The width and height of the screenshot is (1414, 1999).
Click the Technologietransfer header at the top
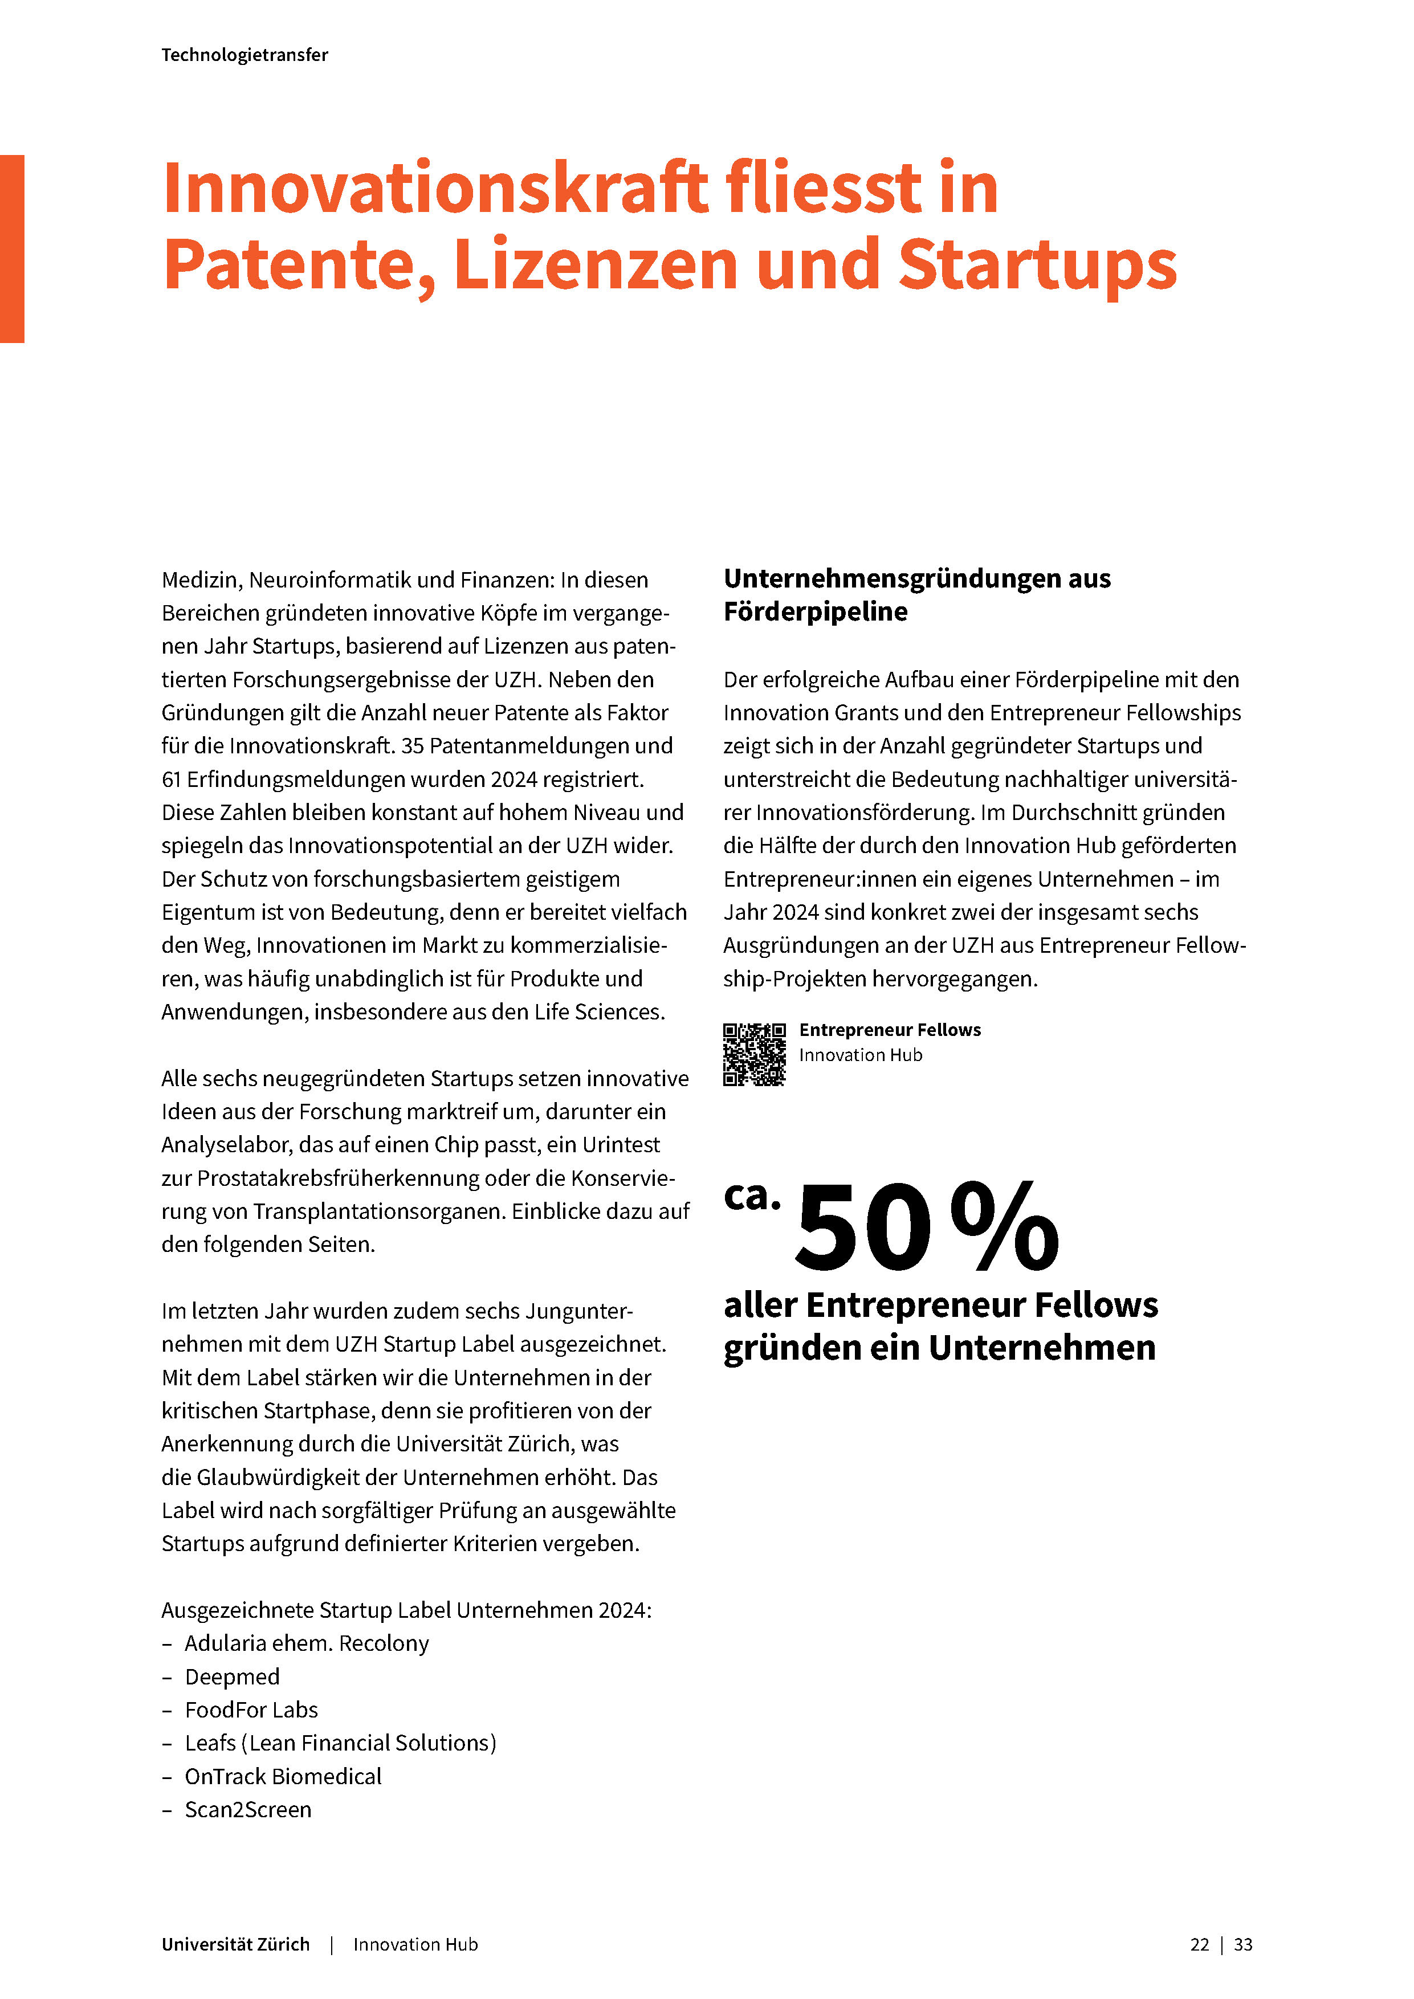tap(245, 55)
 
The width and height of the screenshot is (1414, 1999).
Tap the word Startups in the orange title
tap(1036, 264)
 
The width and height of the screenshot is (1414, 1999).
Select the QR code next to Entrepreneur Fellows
tap(754, 1054)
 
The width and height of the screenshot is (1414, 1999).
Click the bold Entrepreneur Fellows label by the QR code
tap(890, 1030)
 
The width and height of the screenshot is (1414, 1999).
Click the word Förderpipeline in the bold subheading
tap(815, 612)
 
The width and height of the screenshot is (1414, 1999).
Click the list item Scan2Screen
tap(247, 1810)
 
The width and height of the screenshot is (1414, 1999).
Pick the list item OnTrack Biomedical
tap(283, 1776)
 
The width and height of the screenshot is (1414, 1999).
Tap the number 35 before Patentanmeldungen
tap(412, 746)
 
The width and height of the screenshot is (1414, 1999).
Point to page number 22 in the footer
tap(1199, 1945)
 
